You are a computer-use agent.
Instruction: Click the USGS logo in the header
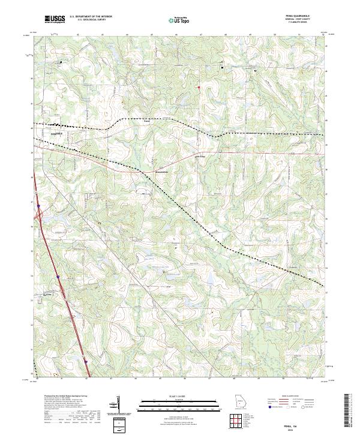55,19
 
